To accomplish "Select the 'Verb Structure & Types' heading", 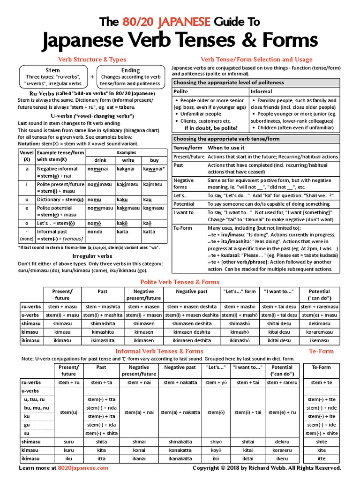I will [x=92, y=60].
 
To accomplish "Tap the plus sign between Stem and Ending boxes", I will [x=92, y=77].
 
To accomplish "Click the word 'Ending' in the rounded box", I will [x=130, y=70].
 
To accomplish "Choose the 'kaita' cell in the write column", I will [x=122, y=232].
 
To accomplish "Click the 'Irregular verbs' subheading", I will [x=92, y=256].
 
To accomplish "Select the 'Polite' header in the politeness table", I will [x=180, y=91].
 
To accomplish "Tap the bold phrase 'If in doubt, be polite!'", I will [x=210, y=128].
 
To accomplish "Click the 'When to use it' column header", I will [x=226, y=148].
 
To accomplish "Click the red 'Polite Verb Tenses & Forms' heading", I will [x=180, y=282].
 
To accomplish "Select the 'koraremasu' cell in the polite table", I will [x=319, y=332].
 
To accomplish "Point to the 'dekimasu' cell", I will [x=319, y=323].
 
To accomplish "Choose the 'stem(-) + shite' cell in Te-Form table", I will [x=321, y=433].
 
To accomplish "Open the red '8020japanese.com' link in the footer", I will [x=83, y=468].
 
